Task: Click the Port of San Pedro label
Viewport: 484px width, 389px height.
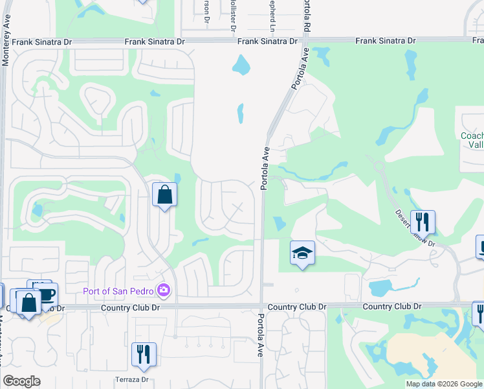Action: point(120,290)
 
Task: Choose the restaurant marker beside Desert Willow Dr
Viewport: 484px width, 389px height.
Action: point(423,222)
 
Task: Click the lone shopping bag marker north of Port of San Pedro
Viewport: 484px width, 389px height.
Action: point(164,194)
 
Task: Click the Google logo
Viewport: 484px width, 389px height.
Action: point(21,381)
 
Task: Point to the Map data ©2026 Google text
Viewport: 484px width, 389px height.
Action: point(444,384)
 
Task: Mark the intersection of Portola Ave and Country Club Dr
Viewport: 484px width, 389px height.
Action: point(262,306)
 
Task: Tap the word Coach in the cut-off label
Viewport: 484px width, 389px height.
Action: point(472,136)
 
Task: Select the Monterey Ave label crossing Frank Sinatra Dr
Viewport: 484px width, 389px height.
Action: point(6,43)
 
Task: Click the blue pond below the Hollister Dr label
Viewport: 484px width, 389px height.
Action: point(240,64)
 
